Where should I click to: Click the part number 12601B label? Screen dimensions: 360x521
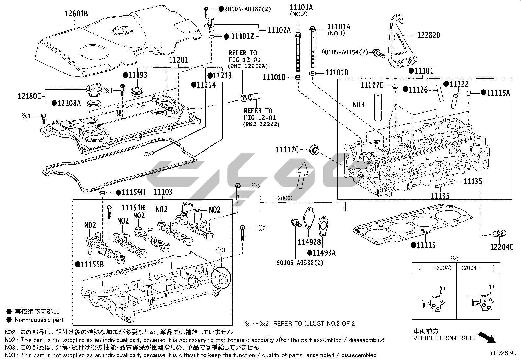76,13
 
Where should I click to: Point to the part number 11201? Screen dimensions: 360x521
178,60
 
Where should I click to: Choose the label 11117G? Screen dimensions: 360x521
287,150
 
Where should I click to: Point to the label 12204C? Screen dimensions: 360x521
502,247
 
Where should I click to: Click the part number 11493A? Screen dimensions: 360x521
324,253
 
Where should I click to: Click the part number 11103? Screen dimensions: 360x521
163,192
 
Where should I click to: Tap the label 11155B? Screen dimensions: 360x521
92,264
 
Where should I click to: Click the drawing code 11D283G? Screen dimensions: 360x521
503,353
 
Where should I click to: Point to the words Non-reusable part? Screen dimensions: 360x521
39,320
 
